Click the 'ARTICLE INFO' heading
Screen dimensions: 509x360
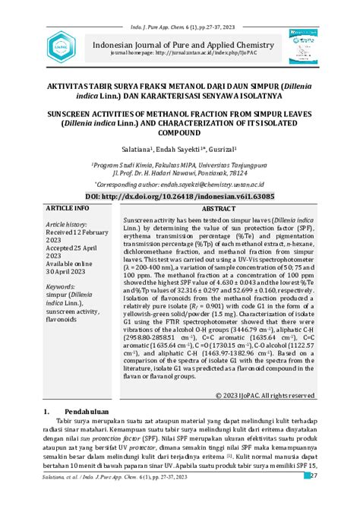pos(68,207)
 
